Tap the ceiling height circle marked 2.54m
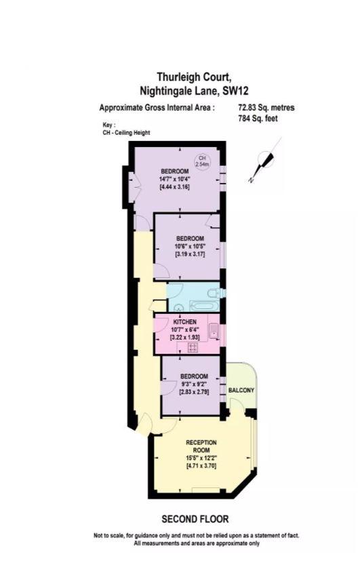click(201, 161)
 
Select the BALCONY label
click(241, 390)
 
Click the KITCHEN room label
click(185, 322)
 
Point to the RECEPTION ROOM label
click(201, 446)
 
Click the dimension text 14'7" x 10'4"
click(174, 180)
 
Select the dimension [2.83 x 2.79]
click(194, 392)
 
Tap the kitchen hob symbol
click(193, 348)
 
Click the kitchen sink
click(214, 331)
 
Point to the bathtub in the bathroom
click(204, 306)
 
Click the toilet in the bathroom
click(215, 293)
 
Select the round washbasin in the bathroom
click(179, 308)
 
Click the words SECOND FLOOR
click(195, 519)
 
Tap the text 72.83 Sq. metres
click(266, 108)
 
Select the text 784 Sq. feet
click(258, 119)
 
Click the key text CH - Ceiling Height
click(126, 133)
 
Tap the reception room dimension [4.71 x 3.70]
click(201, 466)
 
